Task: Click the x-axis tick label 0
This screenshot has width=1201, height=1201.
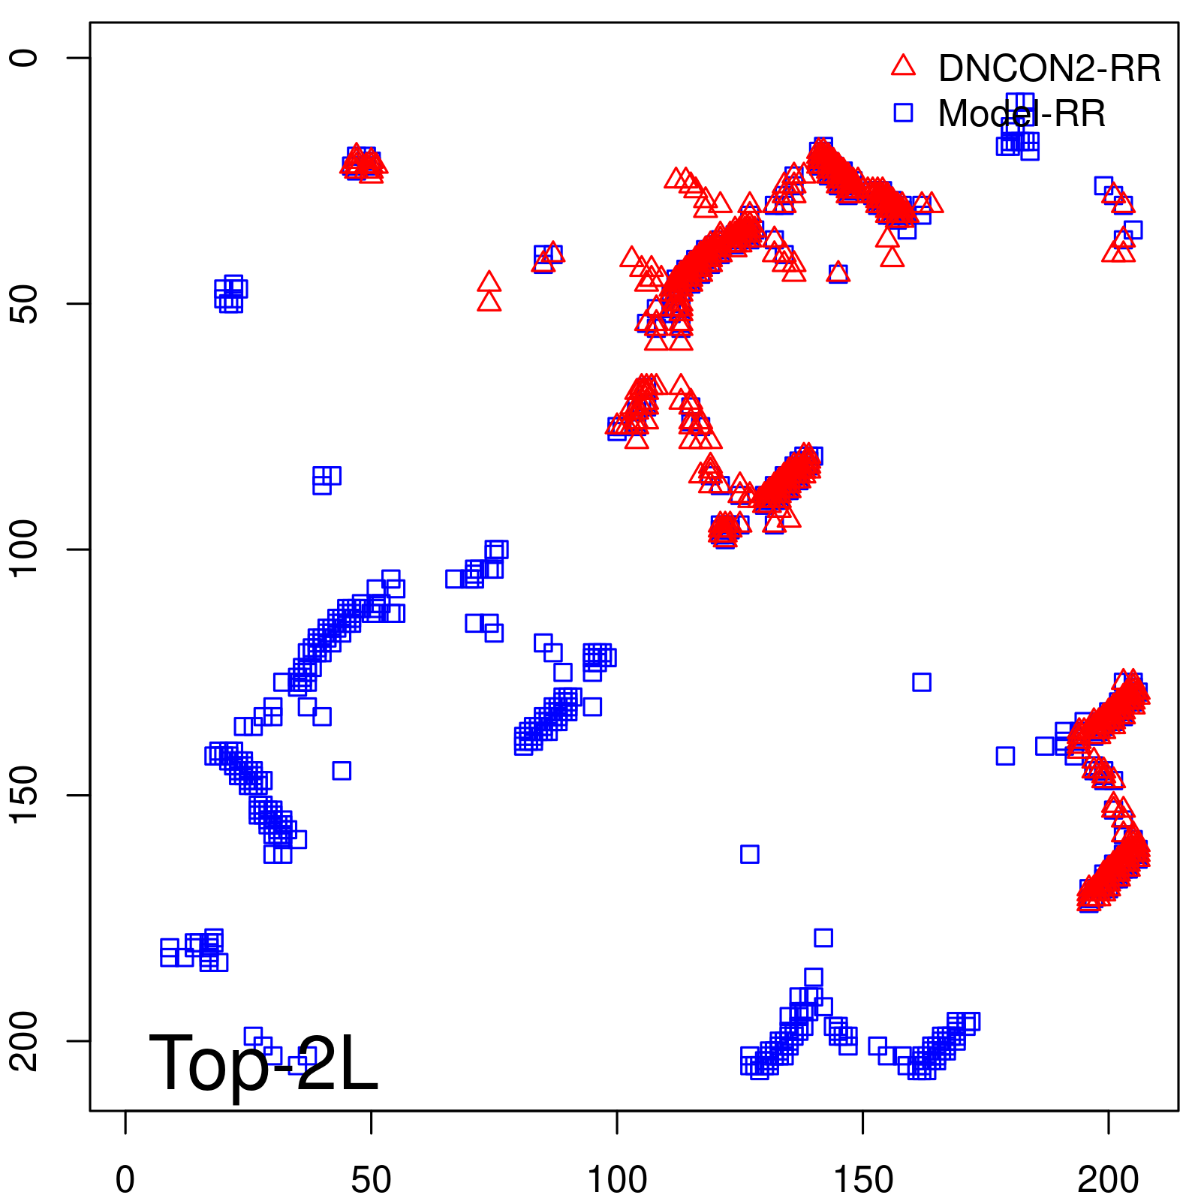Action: [x=125, y=1180]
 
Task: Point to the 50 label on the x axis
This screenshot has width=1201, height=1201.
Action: [x=371, y=1180]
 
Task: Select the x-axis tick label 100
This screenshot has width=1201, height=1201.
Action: [x=617, y=1180]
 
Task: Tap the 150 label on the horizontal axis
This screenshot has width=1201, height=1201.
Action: [x=862, y=1180]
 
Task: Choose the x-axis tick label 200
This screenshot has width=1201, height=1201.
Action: [x=1108, y=1180]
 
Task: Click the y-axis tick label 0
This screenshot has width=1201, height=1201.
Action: [x=24, y=58]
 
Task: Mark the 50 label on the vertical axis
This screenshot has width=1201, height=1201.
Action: [x=24, y=303]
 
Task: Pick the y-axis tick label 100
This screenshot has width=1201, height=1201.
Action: [x=24, y=549]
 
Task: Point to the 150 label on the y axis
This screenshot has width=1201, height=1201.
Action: [x=24, y=795]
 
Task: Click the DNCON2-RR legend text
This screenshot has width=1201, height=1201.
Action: [x=1049, y=69]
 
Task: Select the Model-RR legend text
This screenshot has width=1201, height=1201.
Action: [x=1022, y=114]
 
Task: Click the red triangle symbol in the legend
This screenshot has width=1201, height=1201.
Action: [x=903, y=66]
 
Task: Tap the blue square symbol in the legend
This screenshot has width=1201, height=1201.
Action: [x=903, y=113]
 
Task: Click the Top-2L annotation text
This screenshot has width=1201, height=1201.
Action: [x=263, y=1063]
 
